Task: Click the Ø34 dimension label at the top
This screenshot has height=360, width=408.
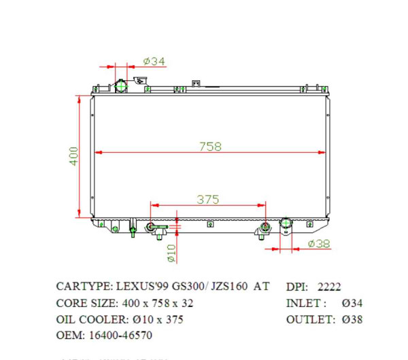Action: pos(155,62)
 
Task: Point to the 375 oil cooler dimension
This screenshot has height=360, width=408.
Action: pos(207,199)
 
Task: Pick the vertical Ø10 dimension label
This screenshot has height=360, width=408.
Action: pos(171,253)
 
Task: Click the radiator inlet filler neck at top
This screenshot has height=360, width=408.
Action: pos(122,86)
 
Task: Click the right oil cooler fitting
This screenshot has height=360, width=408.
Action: pos(262,231)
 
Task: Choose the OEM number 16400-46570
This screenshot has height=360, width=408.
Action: pos(117,335)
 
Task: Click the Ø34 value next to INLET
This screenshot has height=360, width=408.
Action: pos(352,302)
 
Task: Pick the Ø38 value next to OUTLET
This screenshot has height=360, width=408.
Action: pos(352,319)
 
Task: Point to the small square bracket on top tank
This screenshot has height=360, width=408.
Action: pos(196,85)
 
